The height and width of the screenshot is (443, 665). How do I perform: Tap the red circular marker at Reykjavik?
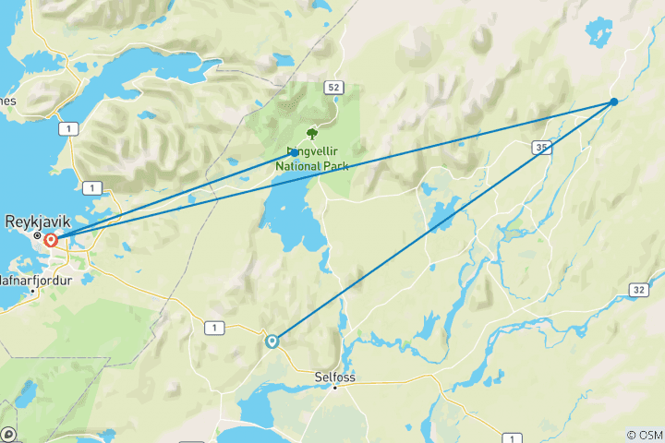51,241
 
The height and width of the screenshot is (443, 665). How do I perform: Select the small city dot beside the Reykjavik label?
37,235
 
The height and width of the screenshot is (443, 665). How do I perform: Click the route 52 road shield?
332,87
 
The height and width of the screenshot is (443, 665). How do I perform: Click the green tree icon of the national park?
311,133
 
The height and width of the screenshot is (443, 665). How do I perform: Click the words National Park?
311,167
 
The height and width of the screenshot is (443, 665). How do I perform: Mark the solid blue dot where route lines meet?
614,102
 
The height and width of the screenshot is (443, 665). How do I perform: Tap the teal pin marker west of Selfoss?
272,341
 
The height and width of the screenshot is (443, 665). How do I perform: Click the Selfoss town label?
335,377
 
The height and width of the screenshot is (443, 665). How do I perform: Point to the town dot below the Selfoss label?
335,388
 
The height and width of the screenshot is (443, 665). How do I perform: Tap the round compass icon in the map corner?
8,434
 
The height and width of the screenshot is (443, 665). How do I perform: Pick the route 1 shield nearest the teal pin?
215,328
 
